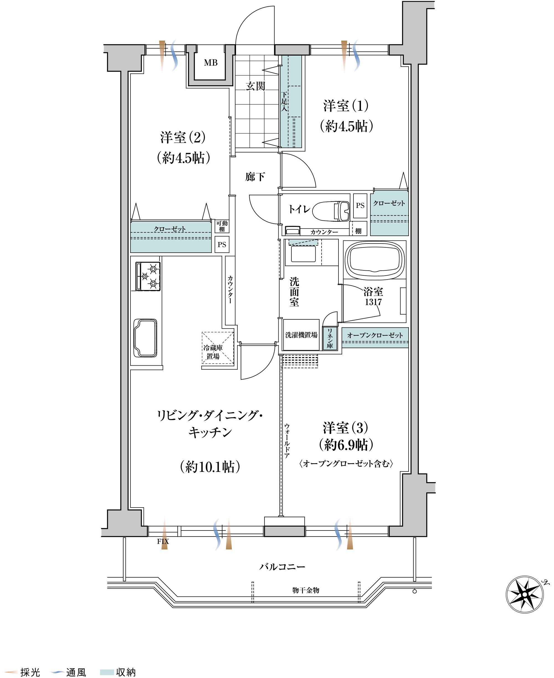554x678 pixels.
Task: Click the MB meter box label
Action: tap(211, 63)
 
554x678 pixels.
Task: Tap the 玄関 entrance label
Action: tap(255, 86)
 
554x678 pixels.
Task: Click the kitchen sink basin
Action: tap(145, 338)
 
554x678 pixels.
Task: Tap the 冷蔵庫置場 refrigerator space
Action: tap(218, 348)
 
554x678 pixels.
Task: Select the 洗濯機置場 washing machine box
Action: tap(301, 335)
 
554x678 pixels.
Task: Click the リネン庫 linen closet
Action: tap(330, 338)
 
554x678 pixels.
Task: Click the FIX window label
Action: tap(163, 542)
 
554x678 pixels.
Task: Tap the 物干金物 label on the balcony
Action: tap(306, 590)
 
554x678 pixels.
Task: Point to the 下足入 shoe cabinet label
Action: tap(284, 101)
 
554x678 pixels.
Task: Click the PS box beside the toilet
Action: tap(360, 206)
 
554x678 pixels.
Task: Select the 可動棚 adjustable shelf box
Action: tap(222, 226)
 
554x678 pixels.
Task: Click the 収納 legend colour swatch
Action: tap(107, 672)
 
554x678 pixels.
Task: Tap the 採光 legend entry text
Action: tap(30, 672)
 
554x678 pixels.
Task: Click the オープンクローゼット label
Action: tap(375, 335)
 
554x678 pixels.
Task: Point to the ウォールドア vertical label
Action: tap(287, 441)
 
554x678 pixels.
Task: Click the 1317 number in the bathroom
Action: tap(373, 302)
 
